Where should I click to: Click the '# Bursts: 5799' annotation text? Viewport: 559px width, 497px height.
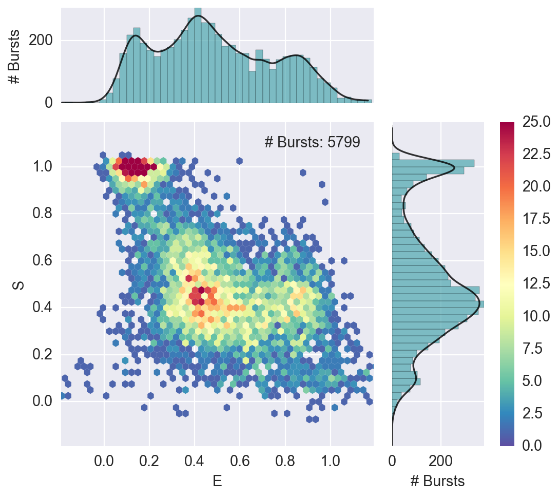coord(312,142)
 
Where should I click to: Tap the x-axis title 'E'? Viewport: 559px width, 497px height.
coord(217,481)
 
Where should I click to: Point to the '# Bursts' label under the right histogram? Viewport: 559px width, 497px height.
coord(437,481)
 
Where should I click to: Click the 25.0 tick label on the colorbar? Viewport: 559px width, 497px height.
coord(536,121)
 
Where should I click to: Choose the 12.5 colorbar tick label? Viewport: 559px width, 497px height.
coord(536,283)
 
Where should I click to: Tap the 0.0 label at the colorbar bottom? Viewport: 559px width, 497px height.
coord(536,445)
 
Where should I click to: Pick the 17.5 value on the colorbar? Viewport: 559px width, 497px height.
coord(536,218)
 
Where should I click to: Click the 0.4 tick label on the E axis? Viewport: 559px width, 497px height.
coord(195,458)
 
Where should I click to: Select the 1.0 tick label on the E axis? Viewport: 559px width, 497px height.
coord(331,458)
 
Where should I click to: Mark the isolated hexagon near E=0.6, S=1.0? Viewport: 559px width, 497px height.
coord(239,161)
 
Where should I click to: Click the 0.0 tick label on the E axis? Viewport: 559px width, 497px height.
coord(104,458)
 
